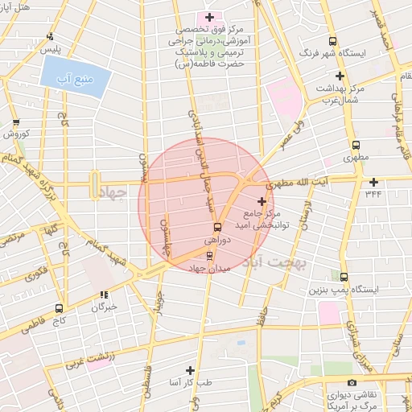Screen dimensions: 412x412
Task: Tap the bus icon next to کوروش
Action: point(16,123)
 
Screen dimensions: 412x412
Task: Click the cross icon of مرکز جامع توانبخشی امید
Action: point(262,201)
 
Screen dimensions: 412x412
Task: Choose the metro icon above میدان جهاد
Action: point(209,256)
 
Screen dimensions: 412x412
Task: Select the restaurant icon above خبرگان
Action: point(103,295)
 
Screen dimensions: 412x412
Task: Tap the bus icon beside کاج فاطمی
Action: point(59,308)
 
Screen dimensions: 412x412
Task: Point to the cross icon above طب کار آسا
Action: point(190,371)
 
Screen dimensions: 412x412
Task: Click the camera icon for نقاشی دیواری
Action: point(351,383)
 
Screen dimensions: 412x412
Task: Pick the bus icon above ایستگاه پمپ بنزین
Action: point(344,277)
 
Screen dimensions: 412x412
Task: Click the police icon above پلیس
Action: point(51,35)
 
